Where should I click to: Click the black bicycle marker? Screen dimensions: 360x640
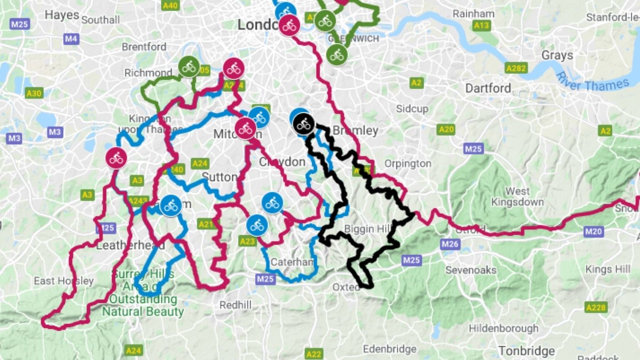click(x=303, y=123)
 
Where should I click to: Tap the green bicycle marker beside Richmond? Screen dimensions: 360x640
click(x=188, y=67)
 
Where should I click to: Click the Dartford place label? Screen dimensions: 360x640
click(x=488, y=88)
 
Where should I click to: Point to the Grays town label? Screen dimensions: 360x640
click(x=557, y=55)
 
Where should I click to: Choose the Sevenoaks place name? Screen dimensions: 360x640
click(x=471, y=270)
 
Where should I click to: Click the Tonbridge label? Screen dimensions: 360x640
click(x=526, y=351)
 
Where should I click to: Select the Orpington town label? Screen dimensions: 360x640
click(x=408, y=164)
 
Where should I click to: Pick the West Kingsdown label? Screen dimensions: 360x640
click(x=517, y=196)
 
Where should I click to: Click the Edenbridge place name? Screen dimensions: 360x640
click(x=389, y=349)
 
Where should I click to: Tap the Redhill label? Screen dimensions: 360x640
click(x=235, y=305)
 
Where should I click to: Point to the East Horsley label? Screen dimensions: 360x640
click(x=64, y=281)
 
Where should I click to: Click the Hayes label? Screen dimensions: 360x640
click(x=62, y=15)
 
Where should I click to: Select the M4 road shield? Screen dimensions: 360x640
click(x=71, y=39)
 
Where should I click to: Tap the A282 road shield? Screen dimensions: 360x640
click(x=516, y=69)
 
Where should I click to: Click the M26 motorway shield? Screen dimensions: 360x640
click(x=450, y=244)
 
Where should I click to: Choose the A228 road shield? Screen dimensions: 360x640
click(x=596, y=307)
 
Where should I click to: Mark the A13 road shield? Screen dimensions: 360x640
click(x=481, y=26)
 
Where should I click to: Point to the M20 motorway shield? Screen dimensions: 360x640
click(x=594, y=232)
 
